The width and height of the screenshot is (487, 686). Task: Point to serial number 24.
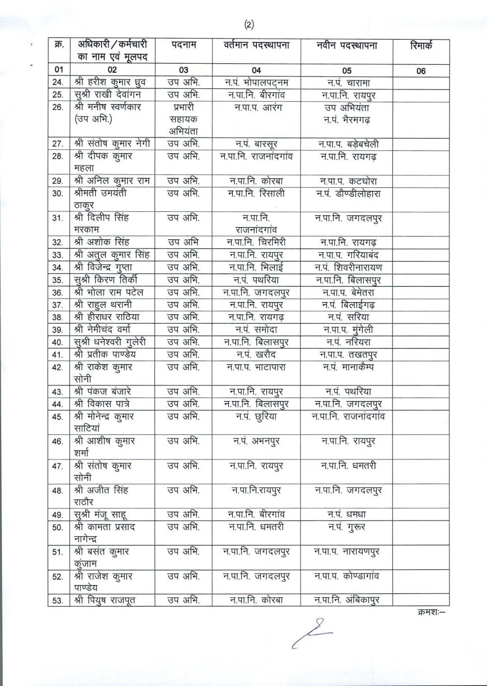click(x=57, y=83)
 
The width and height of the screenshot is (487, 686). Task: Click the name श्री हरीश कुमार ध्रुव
click(x=109, y=83)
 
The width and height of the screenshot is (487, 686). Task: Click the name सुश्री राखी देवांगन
click(x=108, y=94)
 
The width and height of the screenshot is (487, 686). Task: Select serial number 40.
click(x=57, y=342)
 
